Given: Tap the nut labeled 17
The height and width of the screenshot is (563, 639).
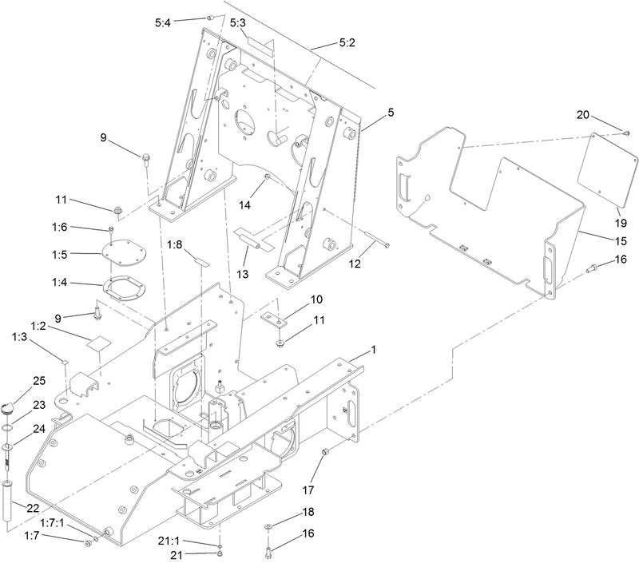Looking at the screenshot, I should pos(326,454).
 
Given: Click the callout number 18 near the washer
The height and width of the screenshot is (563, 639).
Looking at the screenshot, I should pos(308,511).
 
